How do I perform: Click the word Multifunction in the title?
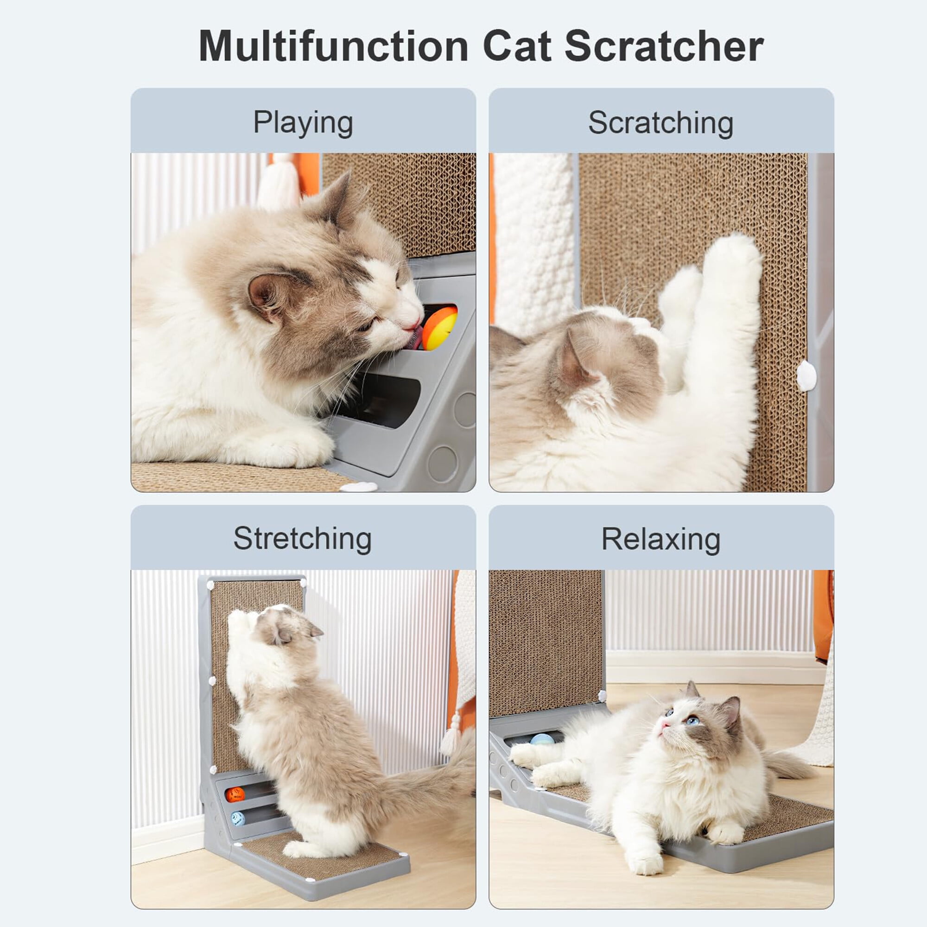[333, 46]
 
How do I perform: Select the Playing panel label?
[303, 123]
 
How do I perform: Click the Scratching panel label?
[660, 123]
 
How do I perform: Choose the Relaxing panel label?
[660, 540]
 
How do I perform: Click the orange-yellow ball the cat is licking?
[439, 329]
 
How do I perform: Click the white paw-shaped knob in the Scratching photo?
[806, 376]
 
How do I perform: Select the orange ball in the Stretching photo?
[235, 794]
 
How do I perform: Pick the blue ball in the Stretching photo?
[238, 818]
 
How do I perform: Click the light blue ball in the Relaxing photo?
[542, 739]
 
